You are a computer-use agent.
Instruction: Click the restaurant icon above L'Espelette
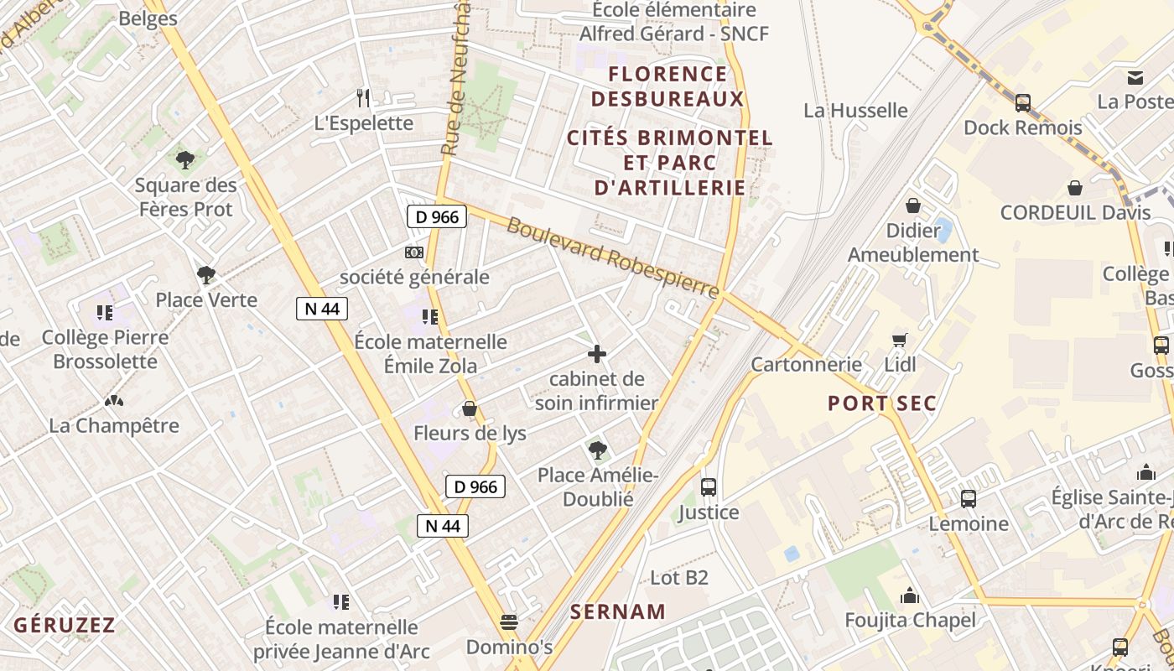coord(363,98)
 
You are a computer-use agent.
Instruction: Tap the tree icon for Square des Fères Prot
coord(185,159)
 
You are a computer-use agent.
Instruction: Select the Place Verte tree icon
coord(205,274)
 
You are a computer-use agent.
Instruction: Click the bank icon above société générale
coord(413,252)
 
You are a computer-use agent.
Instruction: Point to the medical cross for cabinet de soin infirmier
coord(597,354)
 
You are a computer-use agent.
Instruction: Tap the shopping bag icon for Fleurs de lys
coord(470,408)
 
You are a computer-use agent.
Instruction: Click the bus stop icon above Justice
coord(709,486)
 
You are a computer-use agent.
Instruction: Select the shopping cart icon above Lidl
coord(900,340)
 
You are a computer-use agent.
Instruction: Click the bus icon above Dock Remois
coord(1023,102)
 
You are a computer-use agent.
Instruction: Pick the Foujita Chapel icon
coord(910,596)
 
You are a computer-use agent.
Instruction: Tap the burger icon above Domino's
coord(508,622)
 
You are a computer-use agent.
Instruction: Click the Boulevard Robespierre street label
coord(613,258)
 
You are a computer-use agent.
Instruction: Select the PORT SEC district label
coord(882,403)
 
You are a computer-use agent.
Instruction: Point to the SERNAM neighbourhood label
coord(618,611)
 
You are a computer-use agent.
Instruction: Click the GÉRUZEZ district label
coord(65,625)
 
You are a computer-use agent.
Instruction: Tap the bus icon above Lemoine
coord(969,498)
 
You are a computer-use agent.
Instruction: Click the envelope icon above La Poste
coord(1135,78)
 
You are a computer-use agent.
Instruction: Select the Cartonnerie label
coord(806,364)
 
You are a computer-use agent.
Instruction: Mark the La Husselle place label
coord(855,111)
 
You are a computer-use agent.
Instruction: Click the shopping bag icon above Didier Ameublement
coord(913,205)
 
